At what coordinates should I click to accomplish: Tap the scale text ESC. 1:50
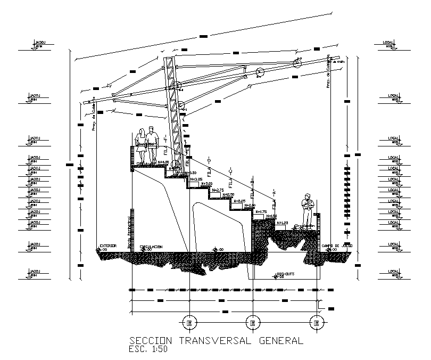tap(148, 350)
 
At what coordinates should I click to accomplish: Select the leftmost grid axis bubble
tap(189, 323)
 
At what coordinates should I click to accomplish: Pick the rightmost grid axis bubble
tap(316, 323)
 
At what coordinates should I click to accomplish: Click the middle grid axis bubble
tap(252, 323)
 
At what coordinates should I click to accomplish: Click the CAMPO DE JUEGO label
tap(337, 246)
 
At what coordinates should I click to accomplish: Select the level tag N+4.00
tap(163, 162)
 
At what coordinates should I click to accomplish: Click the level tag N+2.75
tap(218, 190)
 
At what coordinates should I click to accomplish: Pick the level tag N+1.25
tap(282, 223)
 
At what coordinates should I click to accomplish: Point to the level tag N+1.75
tap(261, 211)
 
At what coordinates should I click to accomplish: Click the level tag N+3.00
tap(206, 184)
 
